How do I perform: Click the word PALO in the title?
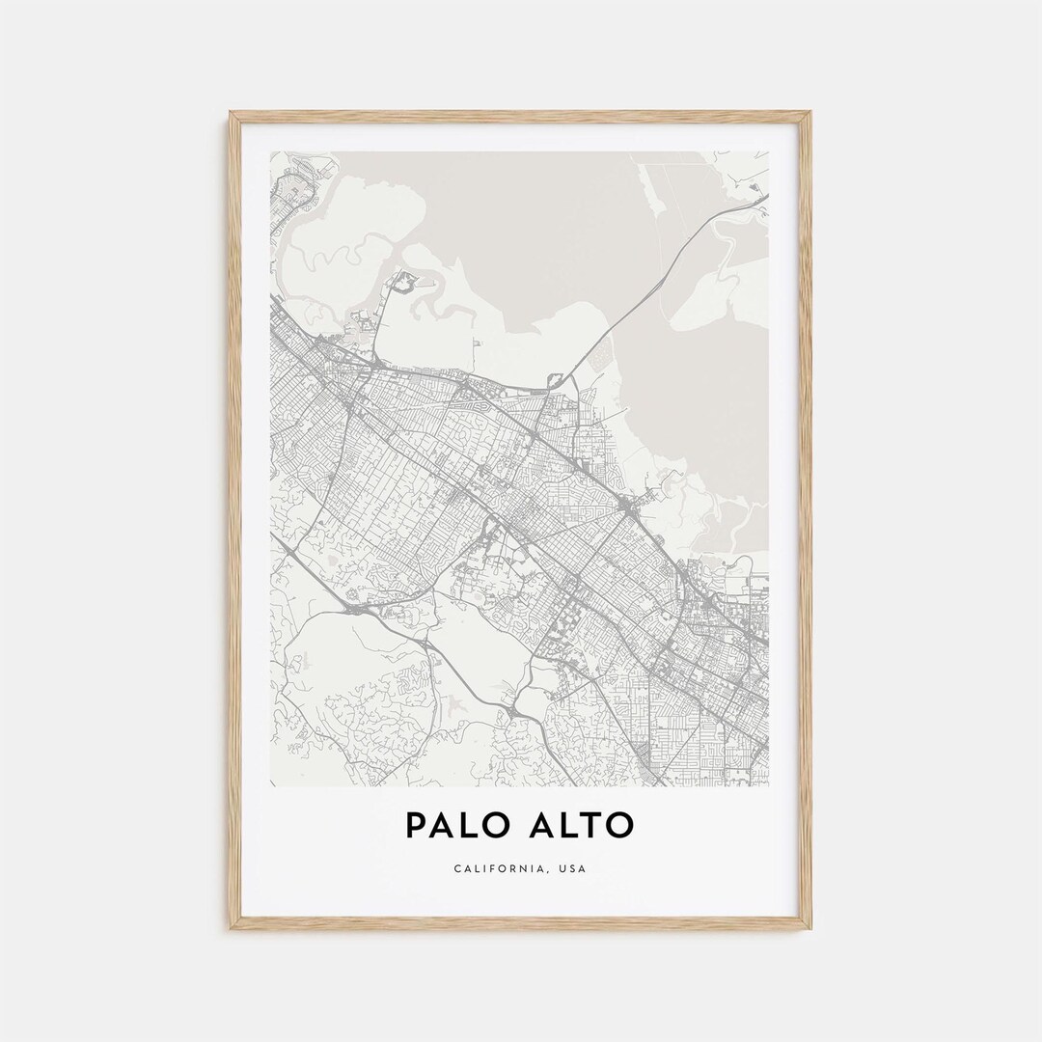[x=457, y=825]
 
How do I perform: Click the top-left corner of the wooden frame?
[x=232, y=114]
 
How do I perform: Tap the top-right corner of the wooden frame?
[x=809, y=114]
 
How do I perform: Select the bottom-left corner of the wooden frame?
[x=232, y=927]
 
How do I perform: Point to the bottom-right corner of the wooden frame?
[x=809, y=927]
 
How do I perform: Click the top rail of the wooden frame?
[x=521, y=115]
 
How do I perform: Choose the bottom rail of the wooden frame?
[x=521, y=925]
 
